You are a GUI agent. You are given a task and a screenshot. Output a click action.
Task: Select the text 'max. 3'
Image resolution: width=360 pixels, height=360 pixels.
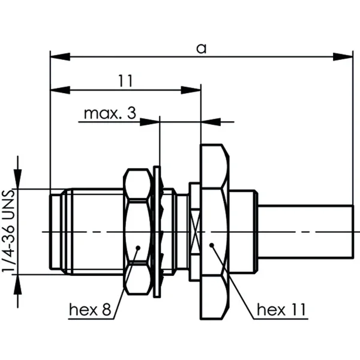[x=110, y=113]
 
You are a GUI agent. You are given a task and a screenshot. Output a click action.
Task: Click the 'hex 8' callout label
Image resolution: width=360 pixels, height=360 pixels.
[x=91, y=310]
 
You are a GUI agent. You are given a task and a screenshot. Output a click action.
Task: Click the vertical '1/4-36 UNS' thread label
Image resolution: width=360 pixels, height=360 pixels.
[x=8, y=231]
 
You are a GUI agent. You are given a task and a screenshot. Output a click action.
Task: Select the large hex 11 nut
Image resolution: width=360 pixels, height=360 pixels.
[x=214, y=231]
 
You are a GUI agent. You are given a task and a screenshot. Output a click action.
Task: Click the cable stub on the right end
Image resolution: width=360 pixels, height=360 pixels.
[x=306, y=231]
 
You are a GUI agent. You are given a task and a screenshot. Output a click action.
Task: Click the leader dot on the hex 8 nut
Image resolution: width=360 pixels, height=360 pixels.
[x=138, y=247]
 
